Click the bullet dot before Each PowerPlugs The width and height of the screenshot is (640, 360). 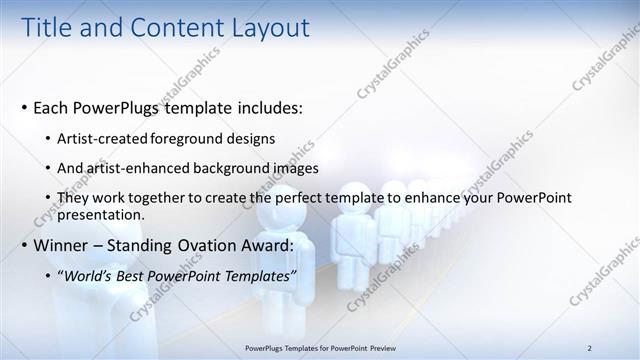click(x=24, y=107)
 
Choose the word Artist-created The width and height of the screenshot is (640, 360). click(x=103, y=139)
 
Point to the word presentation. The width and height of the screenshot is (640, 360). click(x=101, y=214)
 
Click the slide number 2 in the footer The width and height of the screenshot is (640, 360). click(x=590, y=348)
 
